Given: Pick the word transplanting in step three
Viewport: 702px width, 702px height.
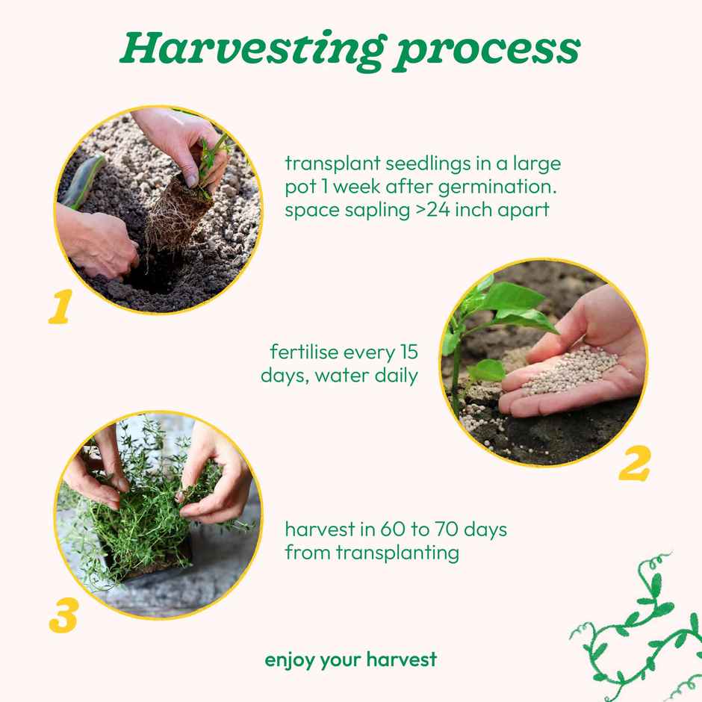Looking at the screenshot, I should [397, 553].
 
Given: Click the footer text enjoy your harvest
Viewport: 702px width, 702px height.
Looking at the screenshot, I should [350, 660].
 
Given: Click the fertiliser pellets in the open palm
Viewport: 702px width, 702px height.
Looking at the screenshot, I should [571, 371].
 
